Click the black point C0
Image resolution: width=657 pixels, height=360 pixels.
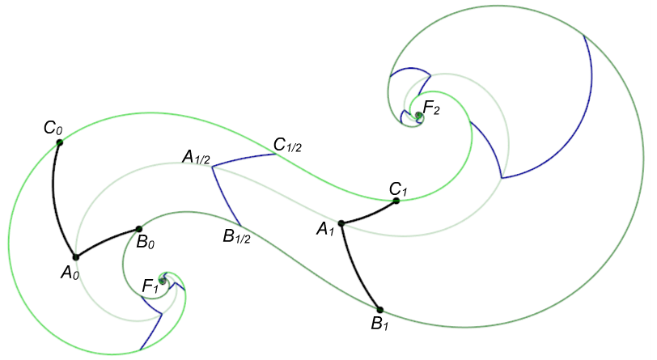[x=59, y=142]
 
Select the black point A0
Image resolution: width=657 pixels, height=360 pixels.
[x=76, y=257]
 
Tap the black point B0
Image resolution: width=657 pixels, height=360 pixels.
[x=139, y=229]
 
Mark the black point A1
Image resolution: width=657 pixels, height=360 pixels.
[x=341, y=223]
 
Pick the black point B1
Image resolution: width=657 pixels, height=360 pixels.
[x=379, y=310]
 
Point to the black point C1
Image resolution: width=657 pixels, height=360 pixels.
[x=397, y=201]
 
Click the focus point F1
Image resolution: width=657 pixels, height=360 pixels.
[x=163, y=281]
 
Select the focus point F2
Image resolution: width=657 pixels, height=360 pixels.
[x=419, y=116]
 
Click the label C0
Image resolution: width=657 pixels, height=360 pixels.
[x=53, y=128]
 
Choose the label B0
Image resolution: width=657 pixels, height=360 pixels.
[x=146, y=242]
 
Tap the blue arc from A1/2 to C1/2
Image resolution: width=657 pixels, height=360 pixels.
[x=243, y=159]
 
